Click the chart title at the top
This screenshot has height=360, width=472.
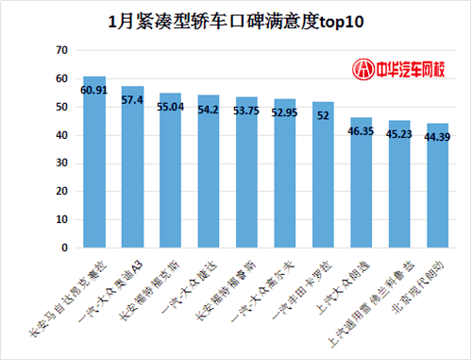pyautogui.click(x=236, y=19)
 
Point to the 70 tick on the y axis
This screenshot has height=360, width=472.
pyautogui.click(x=61, y=49)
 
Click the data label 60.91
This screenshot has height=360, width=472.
pyautogui.click(x=94, y=90)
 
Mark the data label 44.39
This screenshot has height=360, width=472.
pyautogui.click(x=437, y=137)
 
